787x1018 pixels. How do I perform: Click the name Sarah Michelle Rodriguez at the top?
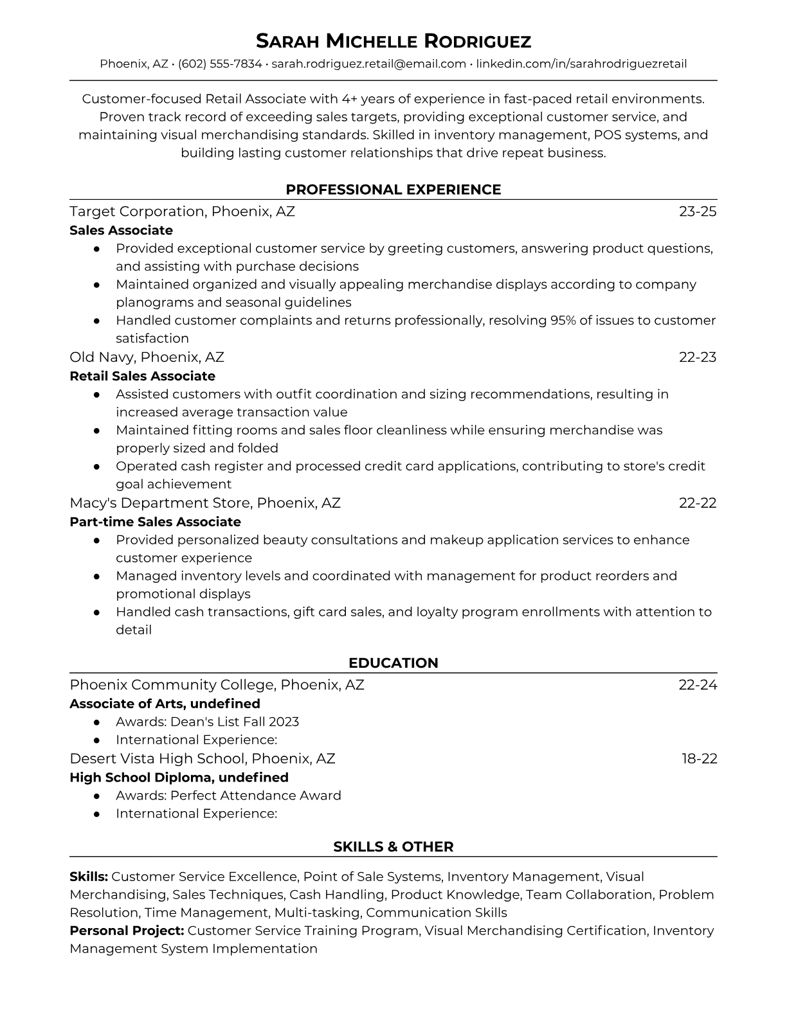coord(393,42)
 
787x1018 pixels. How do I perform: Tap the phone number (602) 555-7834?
coord(220,64)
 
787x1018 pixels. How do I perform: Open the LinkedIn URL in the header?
coord(581,64)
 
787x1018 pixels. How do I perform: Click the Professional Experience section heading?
coord(393,190)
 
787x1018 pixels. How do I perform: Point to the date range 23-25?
coord(698,211)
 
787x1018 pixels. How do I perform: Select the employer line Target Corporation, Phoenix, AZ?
coord(182,211)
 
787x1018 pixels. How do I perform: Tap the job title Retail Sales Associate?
coord(142,376)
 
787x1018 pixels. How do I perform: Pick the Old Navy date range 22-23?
coord(698,357)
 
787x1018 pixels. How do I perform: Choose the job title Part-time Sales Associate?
coord(155,522)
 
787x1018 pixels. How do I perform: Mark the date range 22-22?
coord(698,503)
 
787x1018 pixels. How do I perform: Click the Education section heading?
coord(393,663)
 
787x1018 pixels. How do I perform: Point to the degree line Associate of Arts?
coord(165,704)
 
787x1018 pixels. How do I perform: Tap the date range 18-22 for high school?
coord(700,759)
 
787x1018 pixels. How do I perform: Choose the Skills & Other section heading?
coord(393,847)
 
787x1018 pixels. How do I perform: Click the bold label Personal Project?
coord(127,931)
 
